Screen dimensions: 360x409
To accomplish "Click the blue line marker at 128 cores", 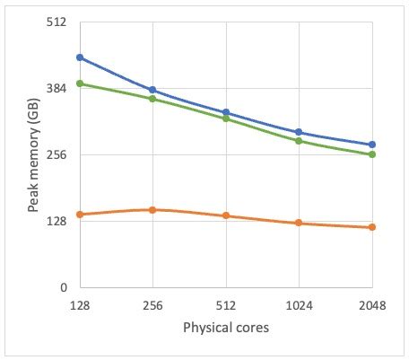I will coord(80,57).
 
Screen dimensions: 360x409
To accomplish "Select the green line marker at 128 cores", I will coord(80,83).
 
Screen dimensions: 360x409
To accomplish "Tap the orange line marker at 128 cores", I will coord(80,215).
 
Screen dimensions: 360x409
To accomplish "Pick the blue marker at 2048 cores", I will coord(372,145).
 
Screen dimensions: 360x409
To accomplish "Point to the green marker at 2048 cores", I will coord(372,154).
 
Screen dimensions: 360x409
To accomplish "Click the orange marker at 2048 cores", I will coord(372,227).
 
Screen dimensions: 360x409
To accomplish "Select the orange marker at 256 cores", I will coord(152,210).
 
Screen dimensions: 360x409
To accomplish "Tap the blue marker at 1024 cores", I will coord(299,132).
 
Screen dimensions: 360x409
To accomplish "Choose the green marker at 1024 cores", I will coord(299,141).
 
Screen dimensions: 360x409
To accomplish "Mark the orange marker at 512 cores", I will coord(226,215).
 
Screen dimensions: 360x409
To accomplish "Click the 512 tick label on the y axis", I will coord(57,22).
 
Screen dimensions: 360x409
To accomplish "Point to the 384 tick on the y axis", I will coord(57,89).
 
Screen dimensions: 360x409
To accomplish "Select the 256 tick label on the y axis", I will coord(57,155).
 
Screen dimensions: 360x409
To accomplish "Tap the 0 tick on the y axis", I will coord(64,288).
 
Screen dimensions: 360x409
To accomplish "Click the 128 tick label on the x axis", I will coord(80,306).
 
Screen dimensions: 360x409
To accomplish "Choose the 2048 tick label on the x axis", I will coord(372,306).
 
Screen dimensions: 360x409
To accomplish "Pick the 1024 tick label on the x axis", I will coord(299,306).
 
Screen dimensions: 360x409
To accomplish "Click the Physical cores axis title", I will coord(226,329).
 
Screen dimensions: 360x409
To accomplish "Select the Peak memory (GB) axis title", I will coord(33,155).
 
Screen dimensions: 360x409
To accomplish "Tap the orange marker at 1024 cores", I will coord(299,223).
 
